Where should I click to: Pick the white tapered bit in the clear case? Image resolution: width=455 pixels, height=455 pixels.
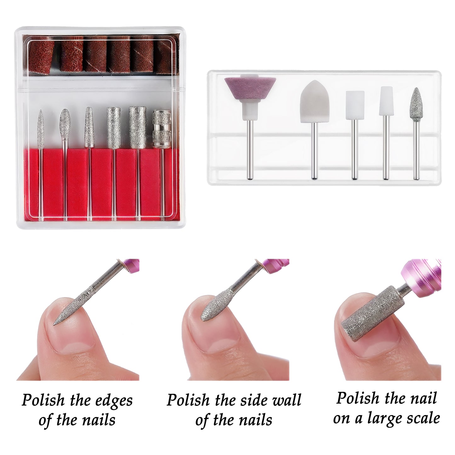[386, 101]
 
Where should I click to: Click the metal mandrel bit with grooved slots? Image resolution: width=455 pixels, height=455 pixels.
[162, 129]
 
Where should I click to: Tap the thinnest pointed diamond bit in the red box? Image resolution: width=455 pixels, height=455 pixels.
[41, 130]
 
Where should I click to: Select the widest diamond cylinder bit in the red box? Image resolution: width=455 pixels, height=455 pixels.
[137, 128]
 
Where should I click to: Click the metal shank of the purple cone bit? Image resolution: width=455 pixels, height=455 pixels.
[250, 149]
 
